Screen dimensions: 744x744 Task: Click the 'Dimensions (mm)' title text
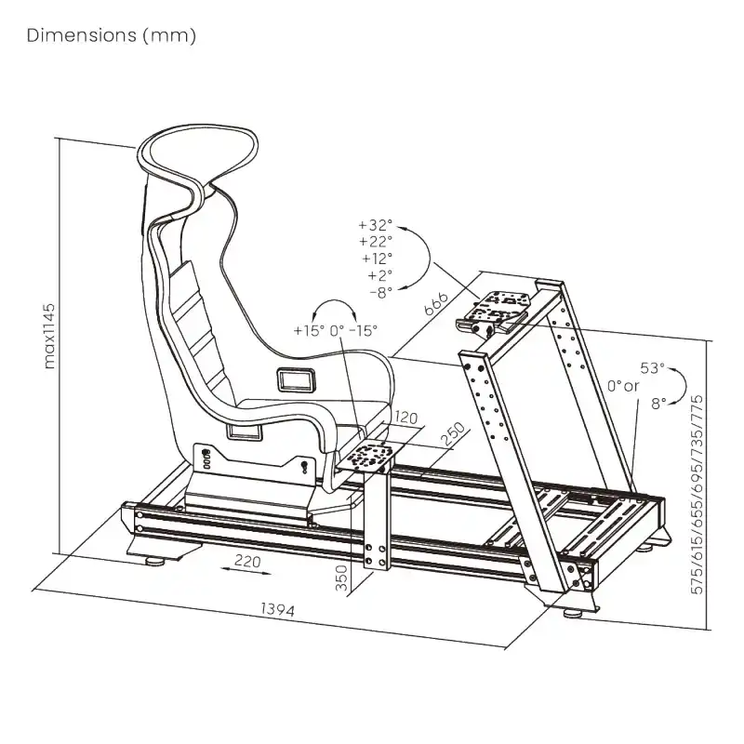pyautogui.click(x=112, y=36)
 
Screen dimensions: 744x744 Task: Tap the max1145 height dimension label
pyautogui.click(x=51, y=335)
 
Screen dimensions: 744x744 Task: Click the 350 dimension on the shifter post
pyautogui.click(x=341, y=578)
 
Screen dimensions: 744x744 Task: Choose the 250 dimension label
pyautogui.click(x=452, y=435)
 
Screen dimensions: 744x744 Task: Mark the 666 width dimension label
pyautogui.click(x=436, y=304)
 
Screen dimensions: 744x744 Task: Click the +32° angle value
pyautogui.click(x=375, y=225)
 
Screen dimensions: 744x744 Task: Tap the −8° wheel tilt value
pyautogui.click(x=380, y=292)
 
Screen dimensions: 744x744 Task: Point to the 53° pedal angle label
pyautogui.click(x=652, y=368)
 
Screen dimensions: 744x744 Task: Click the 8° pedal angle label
pyautogui.click(x=658, y=404)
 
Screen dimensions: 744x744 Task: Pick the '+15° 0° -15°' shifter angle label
pyautogui.click(x=335, y=330)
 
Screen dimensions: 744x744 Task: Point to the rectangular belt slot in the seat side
pyautogui.click(x=299, y=379)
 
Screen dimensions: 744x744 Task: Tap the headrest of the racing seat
pyautogui.click(x=197, y=153)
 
